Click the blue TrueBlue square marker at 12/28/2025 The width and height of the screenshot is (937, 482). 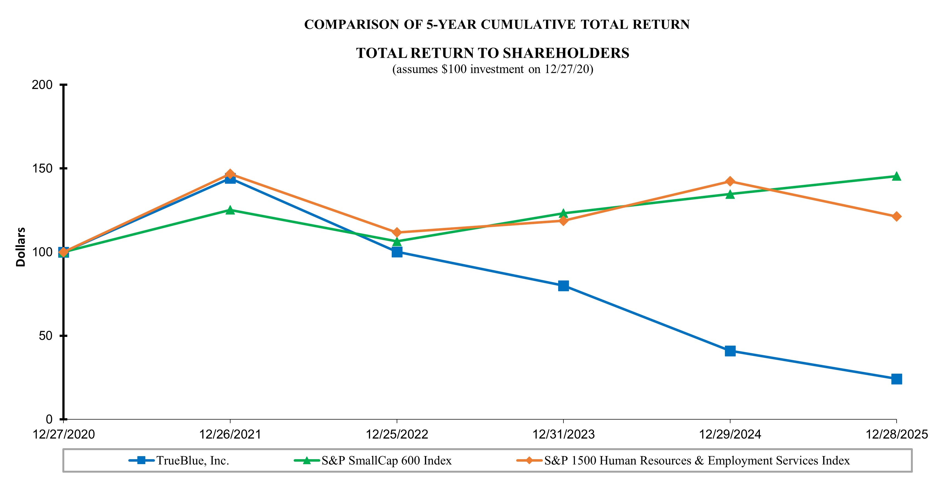tap(896, 379)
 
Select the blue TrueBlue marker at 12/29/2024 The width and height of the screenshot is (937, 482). tap(730, 351)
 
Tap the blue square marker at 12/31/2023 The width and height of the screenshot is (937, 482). tap(563, 285)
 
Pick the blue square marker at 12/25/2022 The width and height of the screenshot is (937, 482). tap(397, 252)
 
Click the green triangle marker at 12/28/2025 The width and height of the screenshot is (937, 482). tap(896, 177)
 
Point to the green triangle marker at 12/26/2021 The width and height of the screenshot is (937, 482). tap(230, 210)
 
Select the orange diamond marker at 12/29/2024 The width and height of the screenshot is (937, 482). tap(730, 181)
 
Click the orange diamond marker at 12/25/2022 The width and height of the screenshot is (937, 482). tap(397, 232)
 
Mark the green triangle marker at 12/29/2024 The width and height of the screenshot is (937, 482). tap(730, 194)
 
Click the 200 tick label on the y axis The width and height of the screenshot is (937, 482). tap(42, 85)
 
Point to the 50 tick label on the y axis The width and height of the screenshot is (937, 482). tap(46, 336)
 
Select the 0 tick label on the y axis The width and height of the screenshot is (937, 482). tap(49, 419)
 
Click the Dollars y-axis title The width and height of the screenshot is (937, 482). tap(21, 247)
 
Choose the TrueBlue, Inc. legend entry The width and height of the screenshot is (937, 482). tap(192, 461)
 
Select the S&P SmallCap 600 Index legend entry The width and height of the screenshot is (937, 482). tap(386, 461)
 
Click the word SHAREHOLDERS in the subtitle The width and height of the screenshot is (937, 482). tap(566, 53)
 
